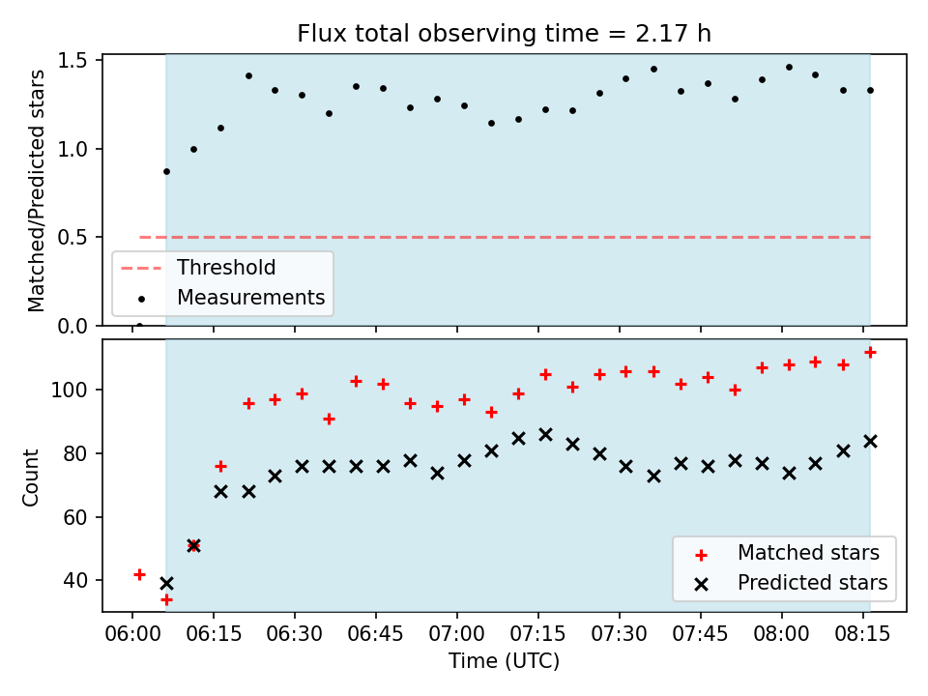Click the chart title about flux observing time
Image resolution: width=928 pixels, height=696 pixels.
point(504,34)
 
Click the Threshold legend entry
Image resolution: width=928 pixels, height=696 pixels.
point(198,268)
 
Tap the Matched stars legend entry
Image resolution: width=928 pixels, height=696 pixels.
point(787,553)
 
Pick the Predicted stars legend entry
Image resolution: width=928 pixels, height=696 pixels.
point(791,583)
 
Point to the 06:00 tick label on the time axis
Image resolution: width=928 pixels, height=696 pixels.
point(132,634)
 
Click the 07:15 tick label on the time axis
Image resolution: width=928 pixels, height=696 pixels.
point(538,634)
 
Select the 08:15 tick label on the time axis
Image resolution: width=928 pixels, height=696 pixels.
point(862,634)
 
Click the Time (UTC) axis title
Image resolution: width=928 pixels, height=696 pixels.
point(504,660)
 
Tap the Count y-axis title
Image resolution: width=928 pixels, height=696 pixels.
point(30,477)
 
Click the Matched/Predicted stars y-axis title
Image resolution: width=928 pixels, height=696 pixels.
point(36,190)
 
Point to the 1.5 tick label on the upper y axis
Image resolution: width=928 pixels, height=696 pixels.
point(72,61)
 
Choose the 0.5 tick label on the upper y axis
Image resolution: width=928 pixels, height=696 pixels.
point(72,238)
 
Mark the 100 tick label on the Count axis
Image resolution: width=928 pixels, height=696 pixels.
point(70,390)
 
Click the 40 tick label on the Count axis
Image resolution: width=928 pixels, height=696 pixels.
point(75,581)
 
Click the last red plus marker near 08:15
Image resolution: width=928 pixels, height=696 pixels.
point(870,353)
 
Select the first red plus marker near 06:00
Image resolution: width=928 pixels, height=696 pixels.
point(139,574)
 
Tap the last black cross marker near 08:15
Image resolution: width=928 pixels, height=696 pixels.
point(870,442)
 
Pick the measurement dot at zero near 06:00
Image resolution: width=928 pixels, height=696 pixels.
point(139,326)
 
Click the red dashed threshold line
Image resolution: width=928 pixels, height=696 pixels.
point(505,238)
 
